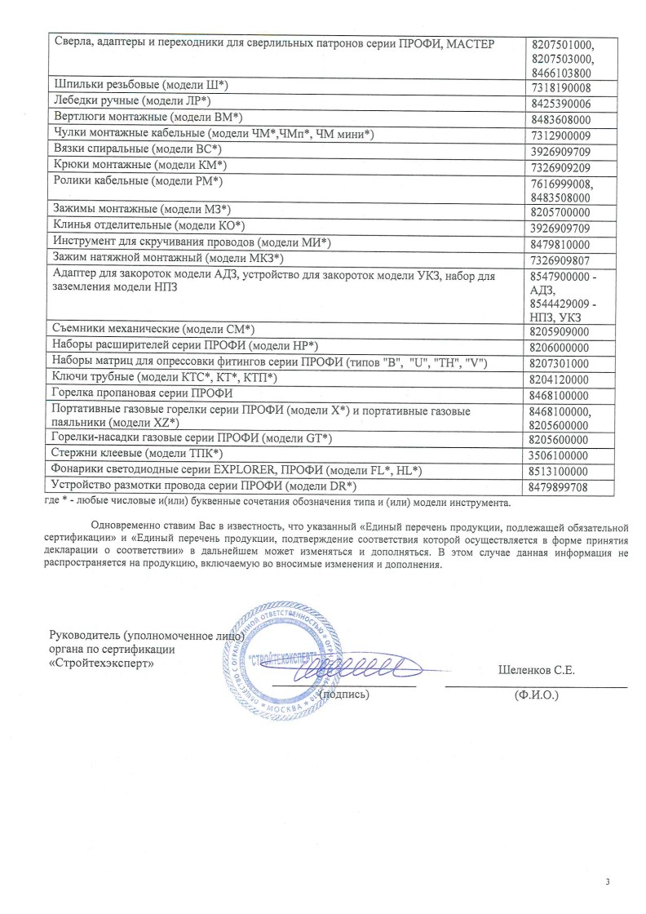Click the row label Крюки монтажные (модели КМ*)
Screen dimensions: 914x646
point(139,166)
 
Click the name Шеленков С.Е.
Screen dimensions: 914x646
point(537,671)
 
